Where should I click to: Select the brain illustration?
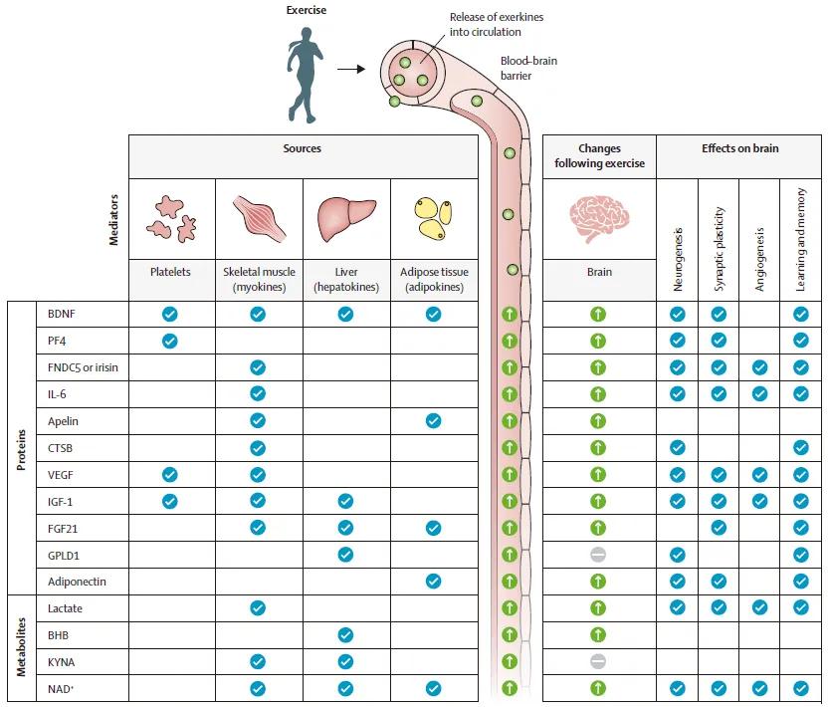[x=599, y=219]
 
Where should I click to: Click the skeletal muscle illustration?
[x=259, y=219]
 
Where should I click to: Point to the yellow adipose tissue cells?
[x=434, y=219]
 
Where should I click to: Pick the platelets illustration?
[x=171, y=219]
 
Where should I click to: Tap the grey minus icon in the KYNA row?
[x=598, y=661]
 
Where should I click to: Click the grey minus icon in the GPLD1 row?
[x=598, y=555]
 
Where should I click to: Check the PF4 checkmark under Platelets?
[x=169, y=341]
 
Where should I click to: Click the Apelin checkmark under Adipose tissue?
[x=433, y=420]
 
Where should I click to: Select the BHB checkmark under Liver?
[x=345, y=635]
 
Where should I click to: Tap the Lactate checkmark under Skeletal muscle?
[x=258, y=608]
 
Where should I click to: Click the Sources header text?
[x=303, y=148]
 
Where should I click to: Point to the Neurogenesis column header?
[x=678, y=260]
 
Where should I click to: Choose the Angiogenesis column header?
[x=759, y=260]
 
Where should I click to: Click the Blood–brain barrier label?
[x=528, y=68]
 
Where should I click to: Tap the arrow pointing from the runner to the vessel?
[x=351, y=70]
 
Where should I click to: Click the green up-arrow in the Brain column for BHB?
[x=598, y=634]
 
